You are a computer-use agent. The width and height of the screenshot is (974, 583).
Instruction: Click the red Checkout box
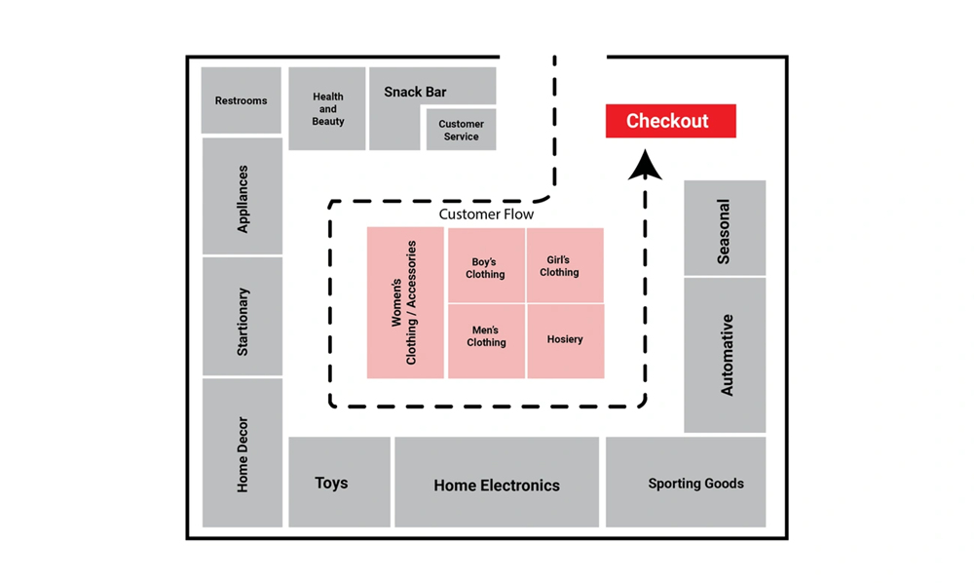[x=671, y=121]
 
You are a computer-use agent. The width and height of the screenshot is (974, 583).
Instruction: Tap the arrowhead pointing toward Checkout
[x=645, y=165]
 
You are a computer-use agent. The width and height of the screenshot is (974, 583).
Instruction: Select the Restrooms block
[x=241, y=100]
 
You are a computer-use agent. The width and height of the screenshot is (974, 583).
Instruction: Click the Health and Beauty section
[x=327, y=109]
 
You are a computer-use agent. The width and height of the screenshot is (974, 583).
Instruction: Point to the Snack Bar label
[x=415, y=92]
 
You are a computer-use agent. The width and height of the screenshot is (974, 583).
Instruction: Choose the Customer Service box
[x=461, y=130]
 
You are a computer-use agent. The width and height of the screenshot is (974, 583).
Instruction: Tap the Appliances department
[x=243, y=196]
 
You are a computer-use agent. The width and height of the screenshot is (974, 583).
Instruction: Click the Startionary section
[x=243, y=317]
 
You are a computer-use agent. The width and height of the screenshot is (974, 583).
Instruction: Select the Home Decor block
[x=243, y=453]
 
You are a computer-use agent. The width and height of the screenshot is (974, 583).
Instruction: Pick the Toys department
[x=340, y=483]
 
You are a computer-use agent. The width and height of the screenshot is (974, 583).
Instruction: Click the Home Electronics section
[x=497, y=483]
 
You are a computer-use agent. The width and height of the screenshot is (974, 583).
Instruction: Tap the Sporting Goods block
[x=686, y=483]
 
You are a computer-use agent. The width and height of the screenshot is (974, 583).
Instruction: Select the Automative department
[x=725, y=355]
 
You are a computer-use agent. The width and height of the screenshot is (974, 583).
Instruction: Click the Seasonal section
[x=725, y=228]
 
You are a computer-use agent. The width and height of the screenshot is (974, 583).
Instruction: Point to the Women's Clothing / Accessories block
[x=405, y=302]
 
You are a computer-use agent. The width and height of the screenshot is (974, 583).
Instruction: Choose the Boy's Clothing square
[x=486, y=265]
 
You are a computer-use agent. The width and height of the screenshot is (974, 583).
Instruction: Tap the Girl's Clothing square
[x=565, y=265]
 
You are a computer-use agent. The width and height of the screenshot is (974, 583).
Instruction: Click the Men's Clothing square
[x=486, y=341]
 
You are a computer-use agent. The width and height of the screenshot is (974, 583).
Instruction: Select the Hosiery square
[x=565, y=341]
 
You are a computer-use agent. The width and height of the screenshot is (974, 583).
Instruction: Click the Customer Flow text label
[x=486, y=214]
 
